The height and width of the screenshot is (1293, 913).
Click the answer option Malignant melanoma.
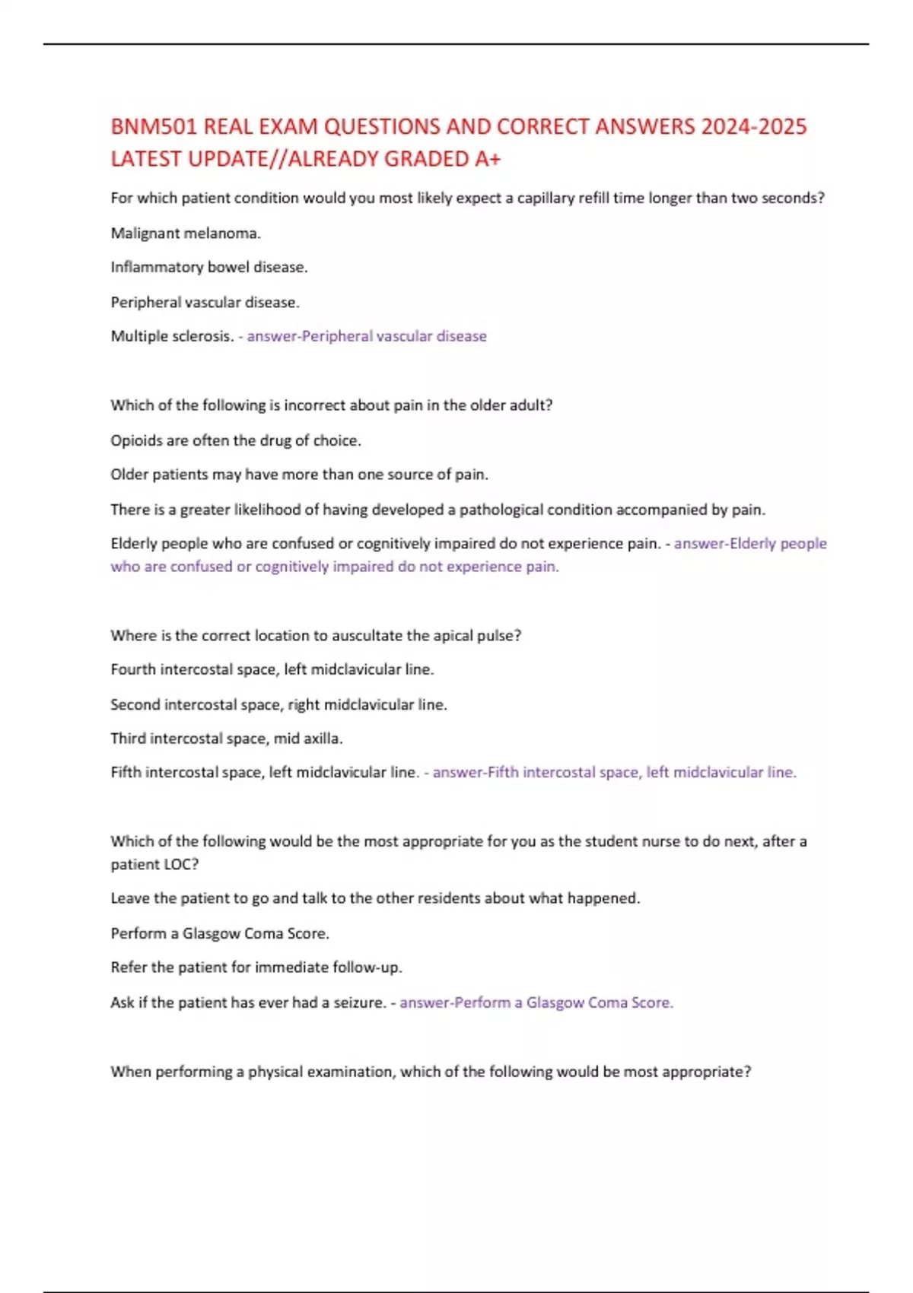click(x=186, y=234)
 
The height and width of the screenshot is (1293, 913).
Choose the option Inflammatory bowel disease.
click(x=209, y=268)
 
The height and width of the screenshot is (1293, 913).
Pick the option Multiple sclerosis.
click(x=172, y=336)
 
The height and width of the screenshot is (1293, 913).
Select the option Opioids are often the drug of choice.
click(x=236, y=440)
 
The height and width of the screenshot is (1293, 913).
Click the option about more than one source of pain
click(x=299, y=475)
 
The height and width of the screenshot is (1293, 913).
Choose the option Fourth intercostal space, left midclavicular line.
click(x=272, y=670)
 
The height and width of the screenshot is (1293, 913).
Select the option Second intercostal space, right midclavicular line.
click(x=278, y=705)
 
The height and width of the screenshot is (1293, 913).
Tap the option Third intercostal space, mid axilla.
click(x=227, y=739)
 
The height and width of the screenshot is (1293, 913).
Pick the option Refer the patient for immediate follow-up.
click(x=256, y=967)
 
